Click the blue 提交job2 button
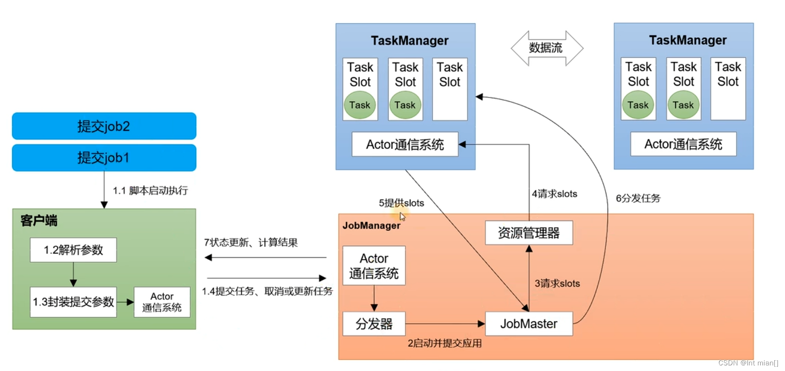pos(104,126)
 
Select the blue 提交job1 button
pos(104,158)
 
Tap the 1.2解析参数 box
pos(73,250)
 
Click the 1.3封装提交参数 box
pos(73,302)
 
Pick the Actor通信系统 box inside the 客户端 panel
pos(162,302)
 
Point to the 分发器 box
pos(374,324)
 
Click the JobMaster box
pos(529,324)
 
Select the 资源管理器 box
pos(529,233)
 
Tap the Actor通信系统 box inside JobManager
pos(374,266)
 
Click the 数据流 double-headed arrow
pos(546,48)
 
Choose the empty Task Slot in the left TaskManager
pos(449,89)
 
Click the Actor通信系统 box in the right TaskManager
pos(683,144)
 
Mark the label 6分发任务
pos(638,199)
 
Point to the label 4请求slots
pos(554,194)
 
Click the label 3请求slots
pos(557,283)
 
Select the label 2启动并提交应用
pos(444,343)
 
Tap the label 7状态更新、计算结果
pos(251,243)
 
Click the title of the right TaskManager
pos(688,40)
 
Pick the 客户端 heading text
pos(39,221)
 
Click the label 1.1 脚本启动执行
pos(150,191)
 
